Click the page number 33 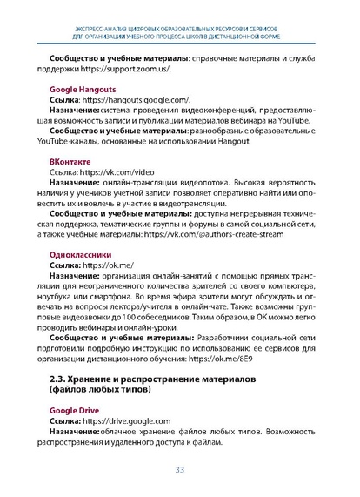tap(180, 470)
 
